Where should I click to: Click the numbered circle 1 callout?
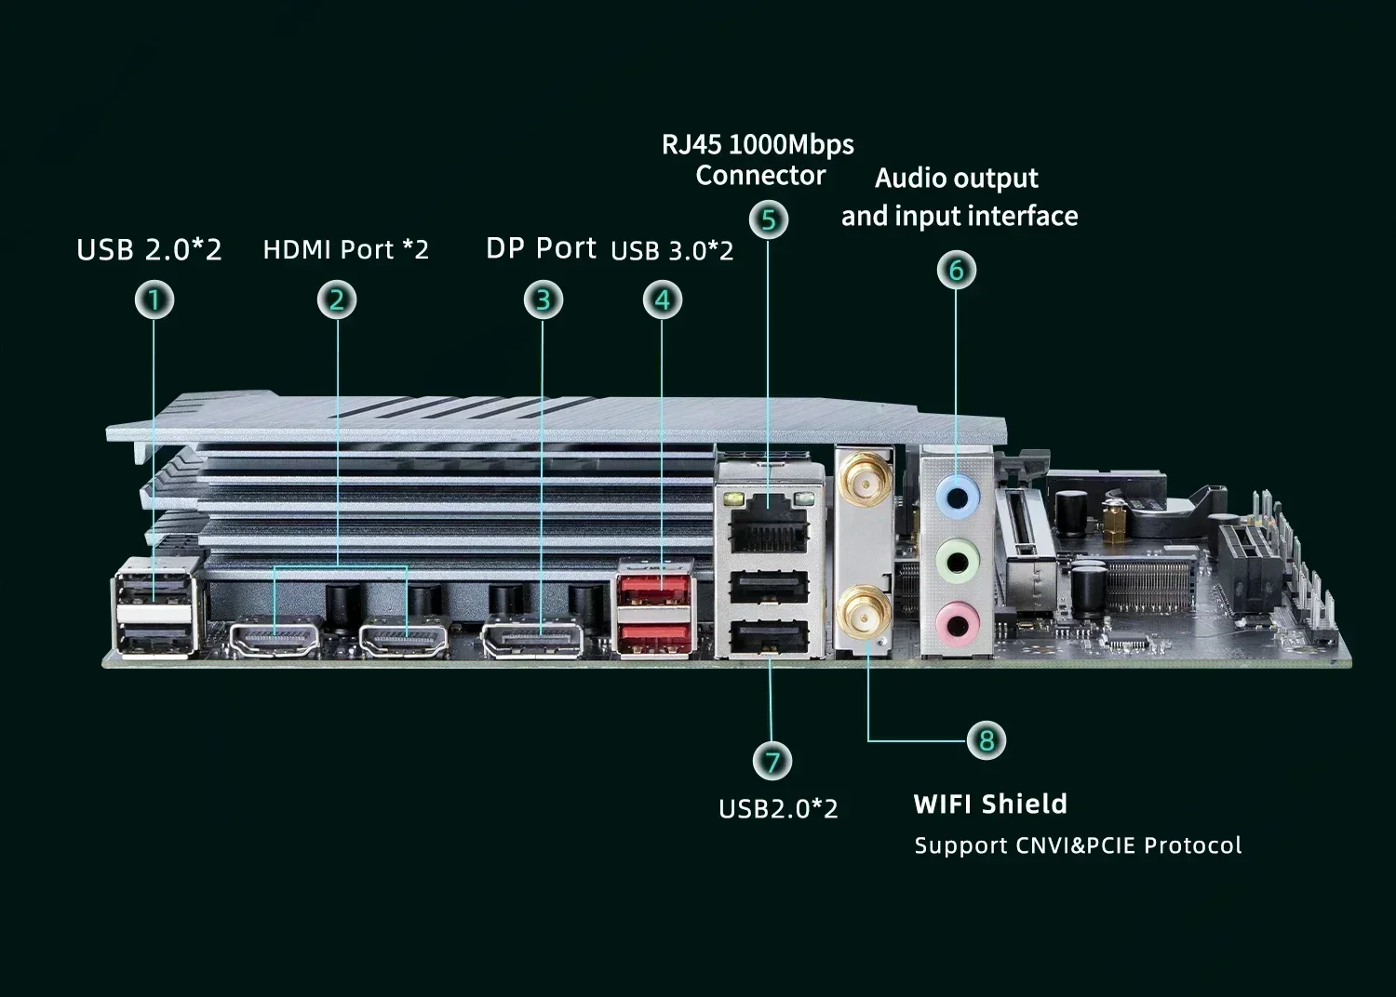[155, 300]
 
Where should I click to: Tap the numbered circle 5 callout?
[769, 220]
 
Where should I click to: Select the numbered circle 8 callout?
[987, 741]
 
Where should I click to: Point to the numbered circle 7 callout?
[772, 763]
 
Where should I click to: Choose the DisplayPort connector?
[533, 640]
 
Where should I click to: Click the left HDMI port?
[275, 638]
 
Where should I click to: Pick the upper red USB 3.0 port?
[653, 590]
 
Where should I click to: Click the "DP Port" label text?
[541, 248]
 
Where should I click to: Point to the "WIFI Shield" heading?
[990, 804]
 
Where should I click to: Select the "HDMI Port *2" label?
[345, 250]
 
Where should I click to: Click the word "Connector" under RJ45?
[760, 175]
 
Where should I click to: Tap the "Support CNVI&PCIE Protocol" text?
[1077, 845]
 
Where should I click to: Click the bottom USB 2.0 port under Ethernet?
[770, 639]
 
